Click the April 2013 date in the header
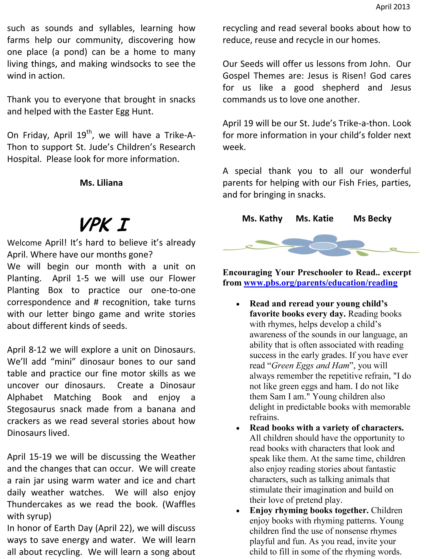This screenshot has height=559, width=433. (393, 7)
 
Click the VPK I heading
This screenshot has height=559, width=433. (104, 225)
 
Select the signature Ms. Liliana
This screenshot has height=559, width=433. (101, 183)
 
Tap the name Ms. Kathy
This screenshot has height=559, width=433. (262, 219)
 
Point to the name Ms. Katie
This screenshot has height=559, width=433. (314, 219)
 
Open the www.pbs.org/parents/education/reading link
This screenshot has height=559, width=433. (320, 283)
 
